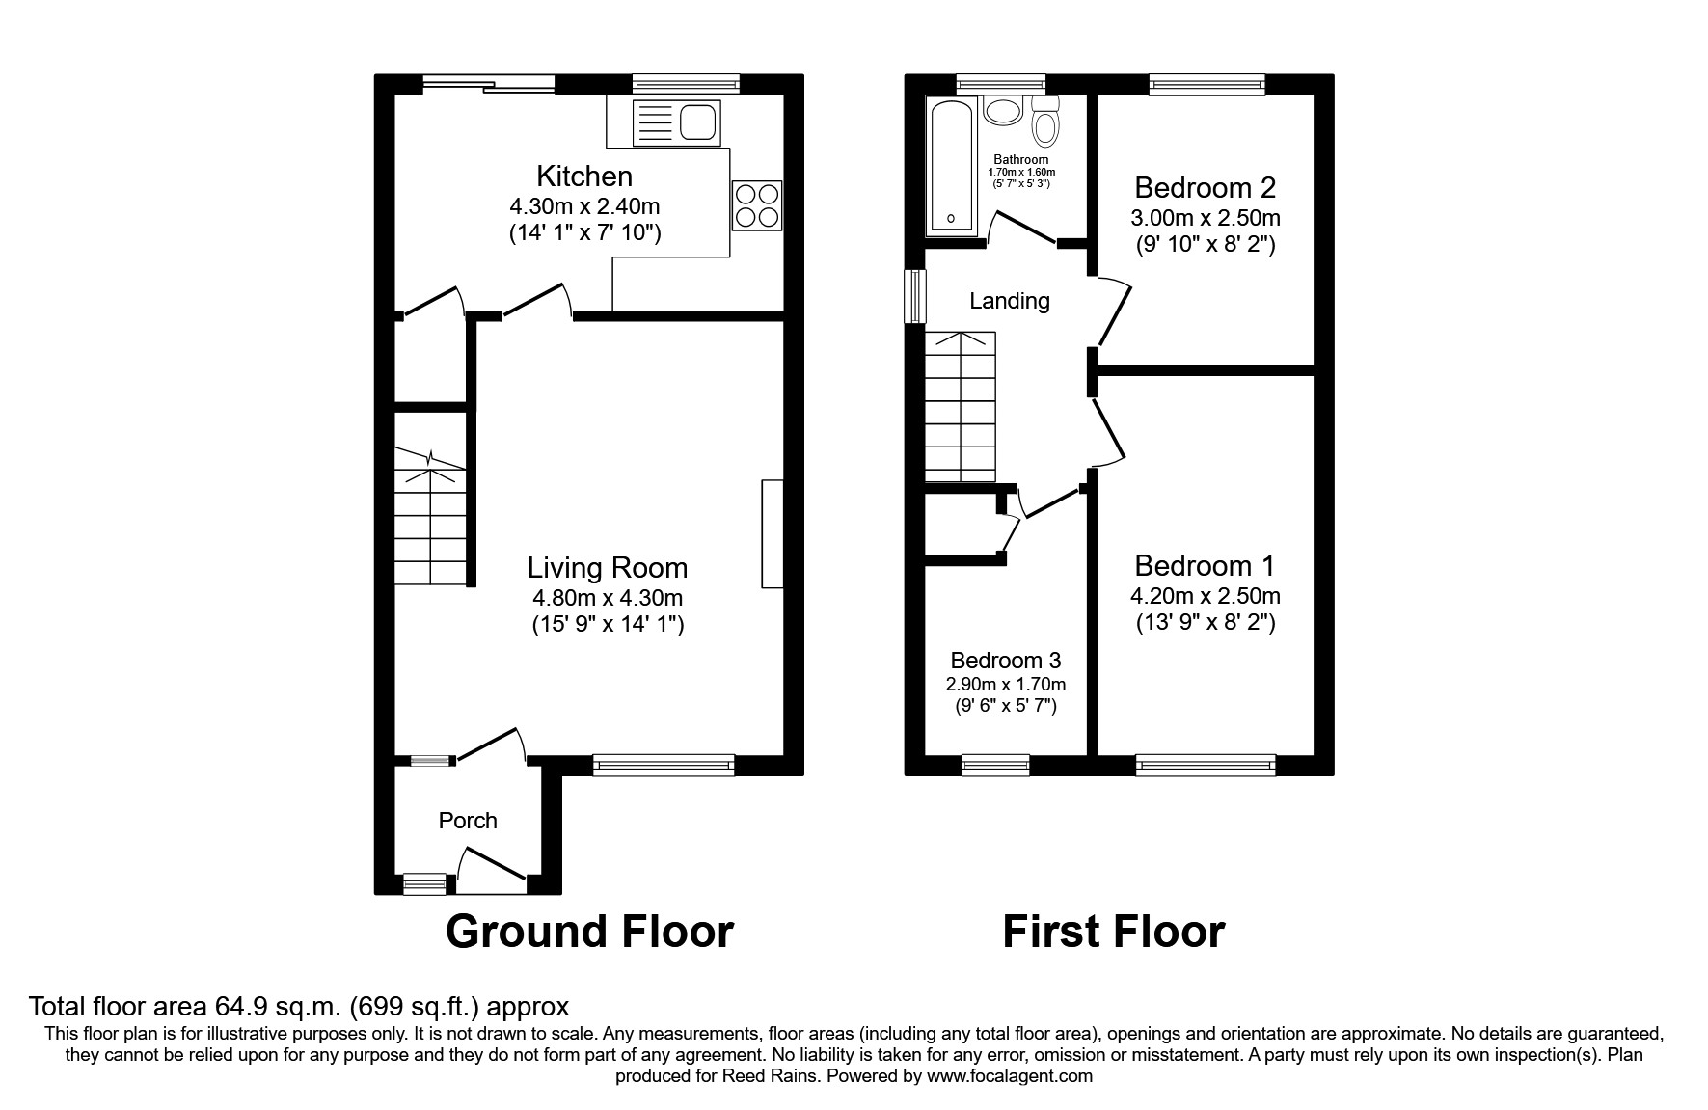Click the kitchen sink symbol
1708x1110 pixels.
pos(676,122)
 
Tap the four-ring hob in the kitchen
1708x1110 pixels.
pos(756,205)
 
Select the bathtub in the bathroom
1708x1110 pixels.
pos(952,166)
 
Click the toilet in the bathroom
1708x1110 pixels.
pos(1045,122)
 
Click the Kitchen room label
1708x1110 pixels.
pos(584,176)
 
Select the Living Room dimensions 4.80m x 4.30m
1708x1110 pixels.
pos(607,598)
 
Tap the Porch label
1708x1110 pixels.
pos(468,821)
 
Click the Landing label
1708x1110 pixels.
pos(1009,301)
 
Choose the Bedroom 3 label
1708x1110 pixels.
pos(1005,661)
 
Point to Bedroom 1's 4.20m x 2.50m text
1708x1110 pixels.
pos(1205,596)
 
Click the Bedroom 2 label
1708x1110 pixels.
pos(1205,187)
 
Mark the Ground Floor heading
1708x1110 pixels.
pos(589,932)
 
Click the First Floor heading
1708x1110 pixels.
pos(1113,932)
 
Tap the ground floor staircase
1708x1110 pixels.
pos(430,516)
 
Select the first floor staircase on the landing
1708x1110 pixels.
pos(960,407)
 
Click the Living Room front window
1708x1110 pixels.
pos(664,765)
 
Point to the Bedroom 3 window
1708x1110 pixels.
pos(995,766)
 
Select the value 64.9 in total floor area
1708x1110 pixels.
pos(239,1007)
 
